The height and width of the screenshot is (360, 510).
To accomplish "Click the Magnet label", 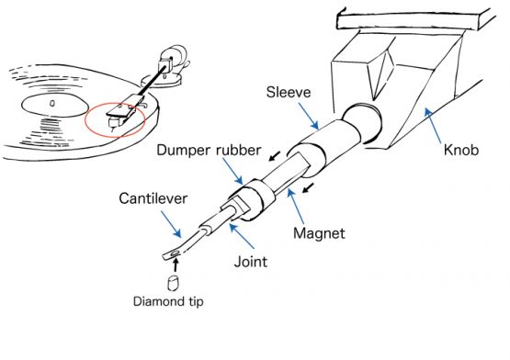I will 320,234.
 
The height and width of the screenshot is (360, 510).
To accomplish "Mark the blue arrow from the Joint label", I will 234,237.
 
